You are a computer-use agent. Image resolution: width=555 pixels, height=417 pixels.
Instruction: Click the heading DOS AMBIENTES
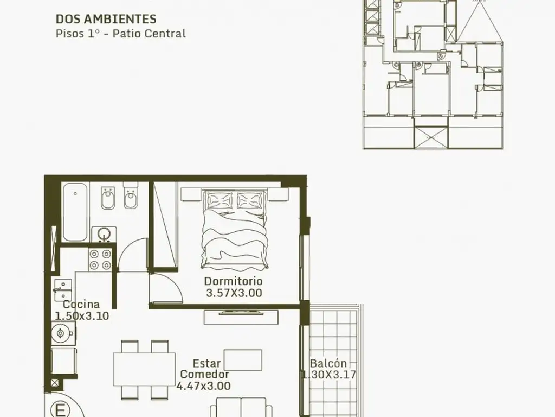pyautogui.click(x=106, y=19)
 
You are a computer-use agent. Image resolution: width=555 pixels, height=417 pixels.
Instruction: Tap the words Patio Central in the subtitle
pyautogui.click(x=154, y=34)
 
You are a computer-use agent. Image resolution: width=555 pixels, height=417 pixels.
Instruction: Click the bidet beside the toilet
pyautogui.click(x=107, y=198)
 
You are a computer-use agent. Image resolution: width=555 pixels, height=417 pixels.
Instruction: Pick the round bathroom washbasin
pyautogui.click(x=103, y=233)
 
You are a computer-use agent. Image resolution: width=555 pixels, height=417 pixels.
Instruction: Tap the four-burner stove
pyautogui.click(x=100, y=259)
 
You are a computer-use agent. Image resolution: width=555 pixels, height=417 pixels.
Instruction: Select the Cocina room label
pyautogui.click(x=81, y=305)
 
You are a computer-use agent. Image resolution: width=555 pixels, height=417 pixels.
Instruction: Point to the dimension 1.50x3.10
pyautogui.click(x=82, y=315)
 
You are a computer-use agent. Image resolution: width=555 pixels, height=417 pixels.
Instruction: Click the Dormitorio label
pyautogui.click(x=233, y=281)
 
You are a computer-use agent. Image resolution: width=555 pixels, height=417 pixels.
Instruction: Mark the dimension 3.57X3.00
pyautogui.click(x=234, y=293)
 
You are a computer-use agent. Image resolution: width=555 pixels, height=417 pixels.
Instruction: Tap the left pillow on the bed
pyautogui.click(x=217, y=200)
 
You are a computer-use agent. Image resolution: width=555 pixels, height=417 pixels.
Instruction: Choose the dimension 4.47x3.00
pyautogui.click(x=204, y=386)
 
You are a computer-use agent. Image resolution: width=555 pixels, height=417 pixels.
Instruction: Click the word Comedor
pyautogui.click(x=204, y=375)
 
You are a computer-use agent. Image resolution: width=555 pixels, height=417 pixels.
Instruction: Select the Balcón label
pyautogui.click(x=328, y=364)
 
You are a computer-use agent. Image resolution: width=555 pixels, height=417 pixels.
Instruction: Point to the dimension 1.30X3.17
pyautogui.click(x=328, y=375)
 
